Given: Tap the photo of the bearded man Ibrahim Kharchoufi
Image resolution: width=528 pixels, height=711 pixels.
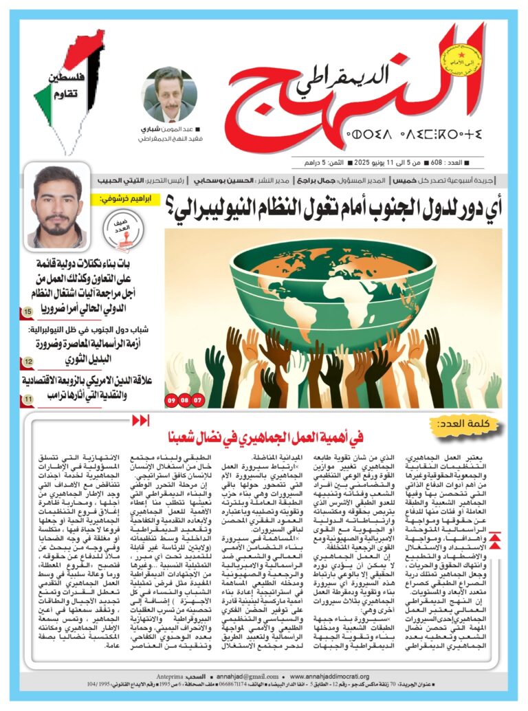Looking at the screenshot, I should (59, 206).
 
